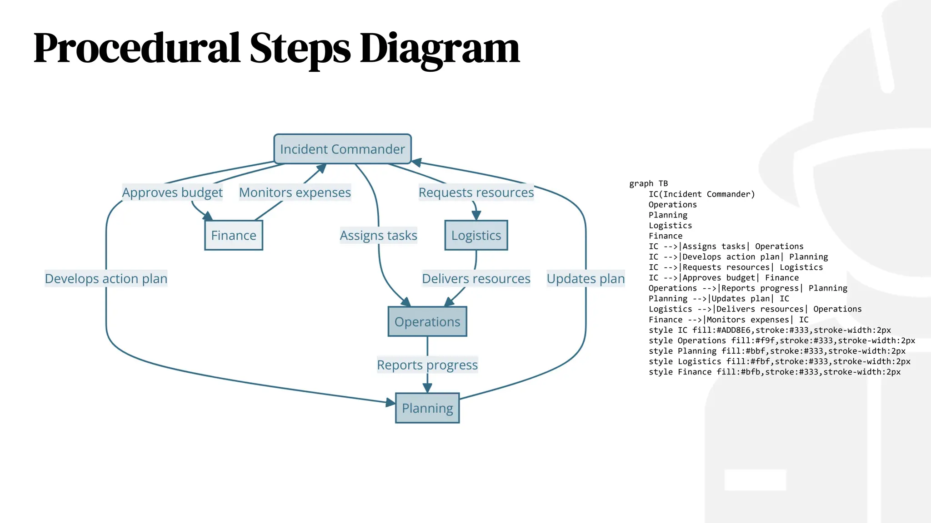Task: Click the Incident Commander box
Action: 342,149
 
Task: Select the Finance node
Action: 234,235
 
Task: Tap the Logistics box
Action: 476,235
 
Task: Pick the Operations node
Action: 427,321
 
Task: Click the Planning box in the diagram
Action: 427,408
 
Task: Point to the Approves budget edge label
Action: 172,192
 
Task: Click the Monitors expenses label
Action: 295,192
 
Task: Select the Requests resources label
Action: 476,192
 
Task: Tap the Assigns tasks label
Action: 378,235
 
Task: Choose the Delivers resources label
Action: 476,278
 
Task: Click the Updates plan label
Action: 586,278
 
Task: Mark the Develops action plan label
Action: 106,278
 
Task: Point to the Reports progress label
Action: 427,365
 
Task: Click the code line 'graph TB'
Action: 649,183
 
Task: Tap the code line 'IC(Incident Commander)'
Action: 701,194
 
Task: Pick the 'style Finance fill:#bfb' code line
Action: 774,372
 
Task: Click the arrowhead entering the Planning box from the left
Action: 390,402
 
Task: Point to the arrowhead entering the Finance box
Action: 208,216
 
